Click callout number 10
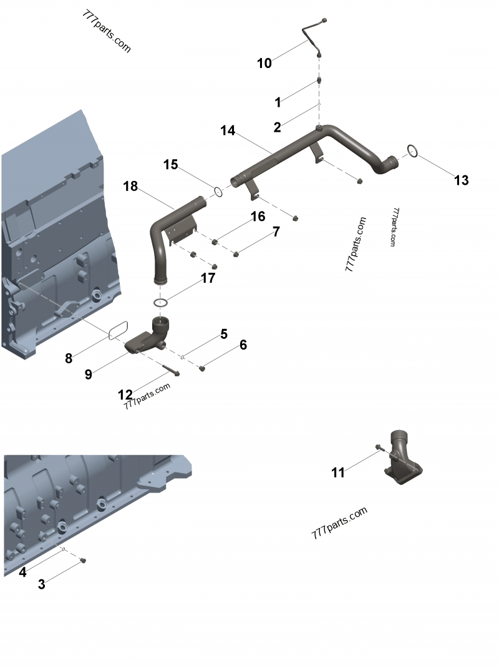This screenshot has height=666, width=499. (x=264, y=63)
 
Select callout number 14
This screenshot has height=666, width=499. (x=228, y=130)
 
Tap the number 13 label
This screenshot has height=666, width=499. (x=461, y=180)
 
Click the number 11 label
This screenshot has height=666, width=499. (x=337, y=473)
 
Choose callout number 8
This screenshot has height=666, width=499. (x=69, y=358)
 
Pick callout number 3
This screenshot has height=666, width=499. (x=42, y=584)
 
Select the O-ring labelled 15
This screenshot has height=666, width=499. (x=218, y=191)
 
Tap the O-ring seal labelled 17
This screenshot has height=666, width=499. (x=161, y=303)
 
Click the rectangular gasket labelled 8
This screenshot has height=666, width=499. (x=118, y=330)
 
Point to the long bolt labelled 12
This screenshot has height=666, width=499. (x=169, y=370)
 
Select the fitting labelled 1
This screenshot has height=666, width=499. (x=319, y=81)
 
